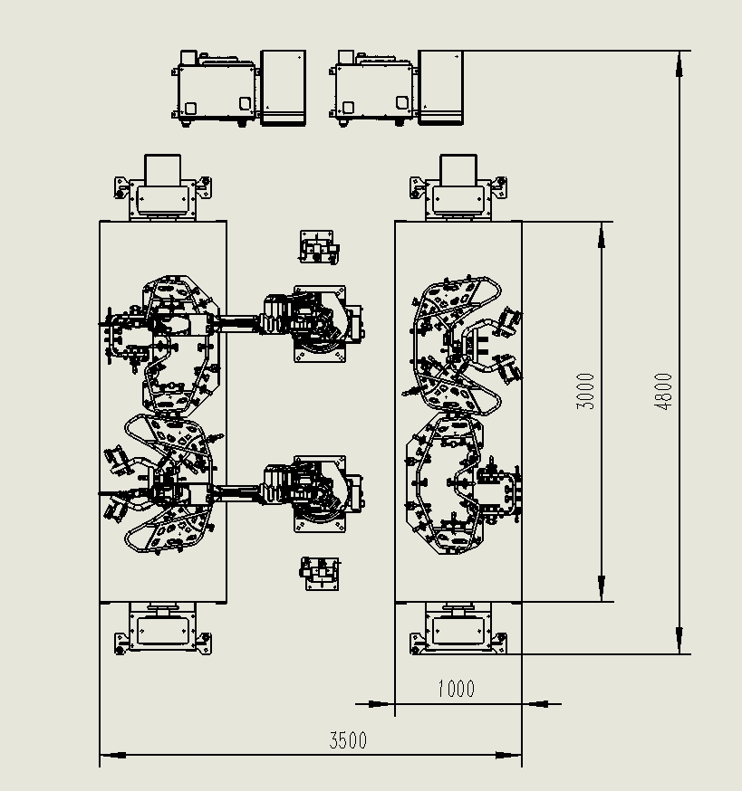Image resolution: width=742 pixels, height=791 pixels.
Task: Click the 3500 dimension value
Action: [348, 740]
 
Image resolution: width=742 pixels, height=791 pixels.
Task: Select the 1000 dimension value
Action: [456, 689]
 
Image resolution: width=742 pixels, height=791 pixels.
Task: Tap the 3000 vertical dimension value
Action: [586, 391]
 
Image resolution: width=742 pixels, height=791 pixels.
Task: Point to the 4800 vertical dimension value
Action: [664, 391]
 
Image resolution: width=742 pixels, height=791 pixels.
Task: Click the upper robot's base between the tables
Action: [320, 324]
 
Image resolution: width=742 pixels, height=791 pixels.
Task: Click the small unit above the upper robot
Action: [321, 247]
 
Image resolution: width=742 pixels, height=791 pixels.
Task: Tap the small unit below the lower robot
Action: [321, 573]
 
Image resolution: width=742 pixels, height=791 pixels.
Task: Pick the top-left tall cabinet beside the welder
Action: [283, 88]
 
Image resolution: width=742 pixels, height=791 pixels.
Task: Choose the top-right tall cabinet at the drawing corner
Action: [442, 88]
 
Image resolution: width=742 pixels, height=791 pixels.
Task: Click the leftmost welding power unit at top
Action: [216, 90]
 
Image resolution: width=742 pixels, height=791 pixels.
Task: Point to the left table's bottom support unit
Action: [163, 627]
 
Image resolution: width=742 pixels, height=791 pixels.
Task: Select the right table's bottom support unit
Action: [458, 627]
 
